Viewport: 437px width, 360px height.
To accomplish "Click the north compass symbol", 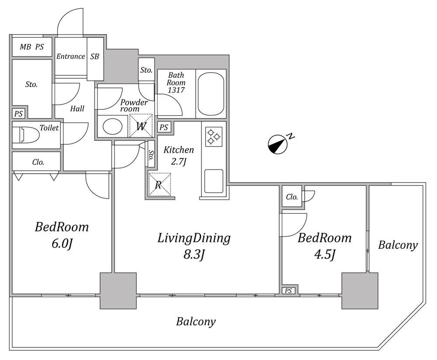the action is pos(278,144).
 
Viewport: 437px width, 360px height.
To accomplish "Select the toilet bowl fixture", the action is pos(26,135).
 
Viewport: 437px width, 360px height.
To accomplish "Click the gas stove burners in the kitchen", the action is pos(214,137).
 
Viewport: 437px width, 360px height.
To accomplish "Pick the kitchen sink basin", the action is pos(214,181).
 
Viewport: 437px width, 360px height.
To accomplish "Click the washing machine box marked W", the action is pos(141,126).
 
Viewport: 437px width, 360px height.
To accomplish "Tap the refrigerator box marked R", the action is pos(159,185).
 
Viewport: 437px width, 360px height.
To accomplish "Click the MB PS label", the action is pos(32,47).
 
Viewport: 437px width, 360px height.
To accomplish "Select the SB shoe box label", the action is pos(95,56).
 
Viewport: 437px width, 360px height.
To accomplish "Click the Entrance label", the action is pos(70,56).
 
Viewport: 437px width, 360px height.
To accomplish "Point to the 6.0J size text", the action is pos(62,244).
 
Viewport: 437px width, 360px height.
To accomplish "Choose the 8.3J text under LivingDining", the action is pos(194,255).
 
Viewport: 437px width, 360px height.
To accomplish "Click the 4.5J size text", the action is pos(325,255).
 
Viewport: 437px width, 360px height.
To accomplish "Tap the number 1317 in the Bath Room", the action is pos(176,90).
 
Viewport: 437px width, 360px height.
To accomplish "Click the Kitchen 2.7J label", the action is pos(178,155).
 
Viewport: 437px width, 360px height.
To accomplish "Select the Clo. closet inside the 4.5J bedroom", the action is pos(292,197).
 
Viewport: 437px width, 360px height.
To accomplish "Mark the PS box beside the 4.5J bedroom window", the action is pos(288,291).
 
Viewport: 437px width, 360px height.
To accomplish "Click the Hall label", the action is pos(77,108).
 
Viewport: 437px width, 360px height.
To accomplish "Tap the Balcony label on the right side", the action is pos(398,245).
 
